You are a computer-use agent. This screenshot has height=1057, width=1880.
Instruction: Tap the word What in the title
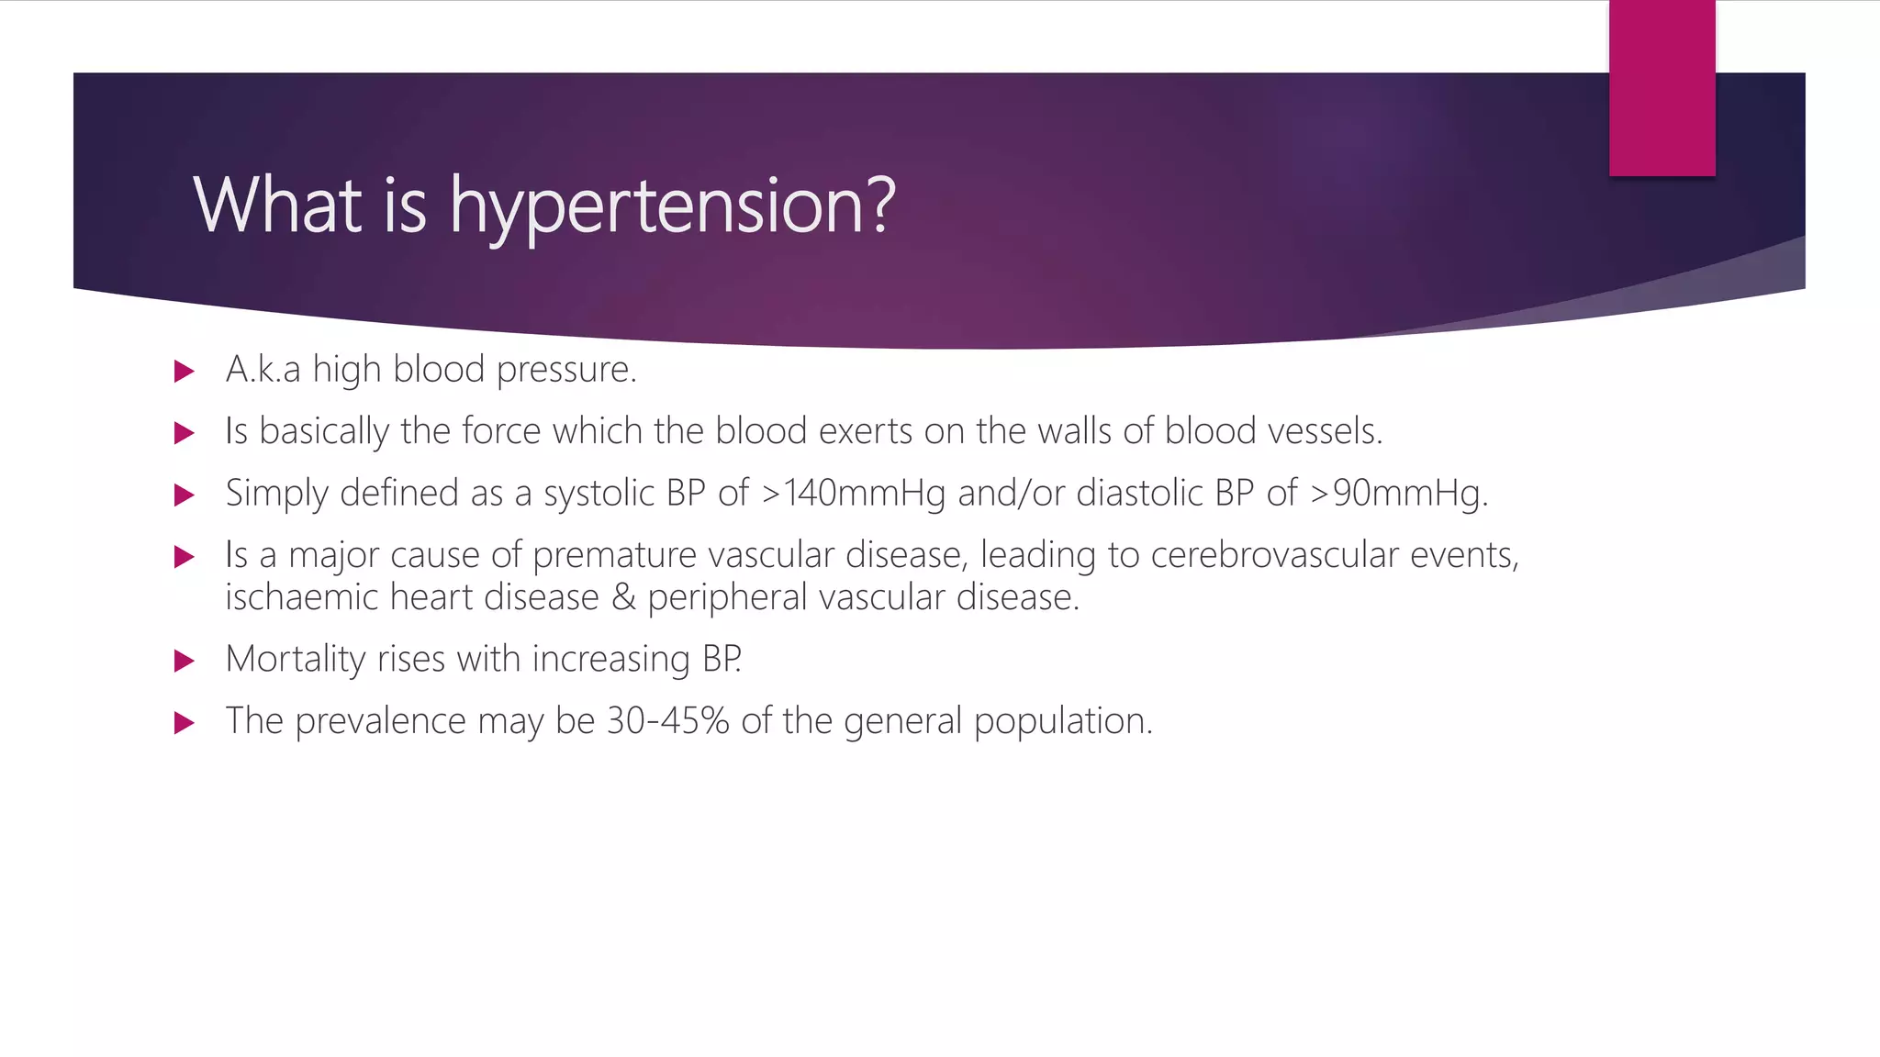277,206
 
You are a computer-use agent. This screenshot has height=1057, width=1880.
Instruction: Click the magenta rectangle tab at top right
1662,87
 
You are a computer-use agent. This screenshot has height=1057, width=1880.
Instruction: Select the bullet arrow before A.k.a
185,372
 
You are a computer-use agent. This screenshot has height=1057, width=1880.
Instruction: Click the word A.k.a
263,370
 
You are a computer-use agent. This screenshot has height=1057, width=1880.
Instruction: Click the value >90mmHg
1398,494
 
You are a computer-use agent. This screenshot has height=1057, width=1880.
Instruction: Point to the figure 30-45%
667,721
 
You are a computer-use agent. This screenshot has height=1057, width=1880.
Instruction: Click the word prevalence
380,721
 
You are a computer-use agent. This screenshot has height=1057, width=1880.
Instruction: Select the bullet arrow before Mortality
185,661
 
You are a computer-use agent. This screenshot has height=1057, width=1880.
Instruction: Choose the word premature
614,555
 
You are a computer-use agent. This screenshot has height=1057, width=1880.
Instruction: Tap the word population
1062,721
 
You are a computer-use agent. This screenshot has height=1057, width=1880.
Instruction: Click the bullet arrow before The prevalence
185,723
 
